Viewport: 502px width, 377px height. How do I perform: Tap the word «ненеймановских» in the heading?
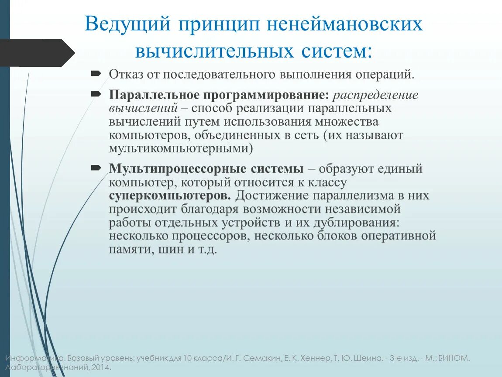tap(345, 24)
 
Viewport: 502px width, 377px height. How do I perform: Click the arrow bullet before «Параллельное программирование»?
tap(96, 94)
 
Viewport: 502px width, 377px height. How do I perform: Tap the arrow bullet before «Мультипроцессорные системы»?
tap(96, 167)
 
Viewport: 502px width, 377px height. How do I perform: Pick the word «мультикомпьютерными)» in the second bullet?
tap(181, 148)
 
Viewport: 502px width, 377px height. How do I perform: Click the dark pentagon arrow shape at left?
tap(35, 53)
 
